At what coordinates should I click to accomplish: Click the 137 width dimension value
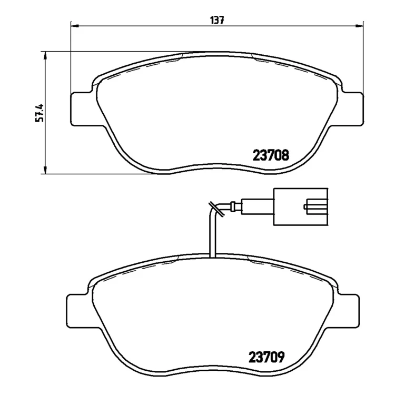pyautogui.click(x=217, y=20)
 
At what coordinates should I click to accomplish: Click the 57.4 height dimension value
pyautogui.click(x=39, y=113)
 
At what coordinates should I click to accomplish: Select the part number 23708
pyautogui.click(x=271, y=155)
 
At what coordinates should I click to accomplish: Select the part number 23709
pyautogui.click(x=266, y=357)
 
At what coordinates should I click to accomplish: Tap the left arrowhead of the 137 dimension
pyautogui.click(x=75, y=26)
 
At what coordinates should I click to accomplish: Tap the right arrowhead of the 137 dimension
pyautogui.click(x=360, y=26)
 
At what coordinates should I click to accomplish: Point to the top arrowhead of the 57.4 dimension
pyautogui.click(x=45, y=56)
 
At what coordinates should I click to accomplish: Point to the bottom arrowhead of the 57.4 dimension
pyautogui.click(x=45, y=170)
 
